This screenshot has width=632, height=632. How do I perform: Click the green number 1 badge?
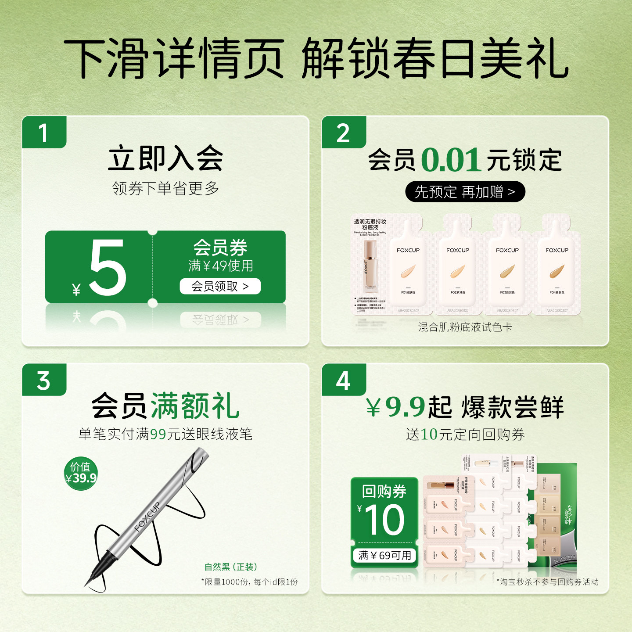pos(44,133)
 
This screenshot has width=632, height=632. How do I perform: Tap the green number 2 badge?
pos(343,133)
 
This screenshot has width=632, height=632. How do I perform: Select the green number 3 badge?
pos(44,380)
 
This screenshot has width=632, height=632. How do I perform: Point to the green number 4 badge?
pos(343,380)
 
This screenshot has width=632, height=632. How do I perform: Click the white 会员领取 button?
pos(220,287)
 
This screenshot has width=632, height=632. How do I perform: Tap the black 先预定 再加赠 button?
pos(465,192)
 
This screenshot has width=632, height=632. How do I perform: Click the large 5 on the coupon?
pos(108,268)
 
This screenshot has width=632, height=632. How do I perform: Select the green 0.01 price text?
pos(451,160)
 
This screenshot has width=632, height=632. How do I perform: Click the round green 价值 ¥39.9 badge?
pos(81,473)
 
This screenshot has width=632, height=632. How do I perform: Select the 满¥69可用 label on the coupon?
pos(384,556)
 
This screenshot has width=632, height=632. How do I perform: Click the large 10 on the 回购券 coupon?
pos(384,520)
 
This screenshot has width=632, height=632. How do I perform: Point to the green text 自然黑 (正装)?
pos(231,567)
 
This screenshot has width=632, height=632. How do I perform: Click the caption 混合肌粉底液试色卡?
pos(465,327)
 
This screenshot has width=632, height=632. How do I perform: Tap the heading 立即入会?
pos(165,158)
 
